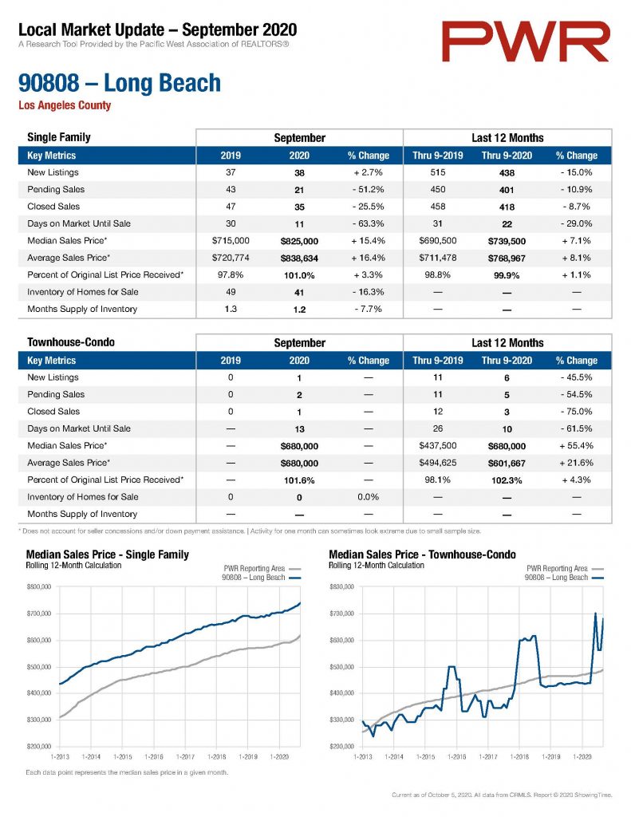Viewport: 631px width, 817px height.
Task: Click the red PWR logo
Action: click(x=526, y=41)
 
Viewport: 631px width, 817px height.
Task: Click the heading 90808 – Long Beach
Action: click(x=120, y=83)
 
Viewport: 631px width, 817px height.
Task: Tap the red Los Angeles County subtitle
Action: click(x=65, y=105)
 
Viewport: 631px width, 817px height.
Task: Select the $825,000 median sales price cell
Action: click(x=299, y=241)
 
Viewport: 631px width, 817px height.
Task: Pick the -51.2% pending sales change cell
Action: click(x=368, y=190)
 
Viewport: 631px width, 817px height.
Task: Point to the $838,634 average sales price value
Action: click(x=299, y=259)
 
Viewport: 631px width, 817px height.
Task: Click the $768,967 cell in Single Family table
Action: click(x=507, y=259)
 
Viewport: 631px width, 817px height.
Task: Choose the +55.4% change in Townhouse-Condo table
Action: click(x=576, y=446)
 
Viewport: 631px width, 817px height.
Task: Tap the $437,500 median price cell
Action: click(x=438, y=446)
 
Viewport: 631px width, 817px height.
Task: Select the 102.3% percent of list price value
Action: click(x=507, y=480)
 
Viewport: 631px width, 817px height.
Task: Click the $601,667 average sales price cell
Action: click(x=507, y=464)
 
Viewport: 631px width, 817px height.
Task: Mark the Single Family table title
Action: click(x=59, y=137)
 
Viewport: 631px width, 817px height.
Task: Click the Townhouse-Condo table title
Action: click(x=71, y=342)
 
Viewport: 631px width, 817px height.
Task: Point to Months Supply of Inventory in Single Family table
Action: click(x=82, y=309)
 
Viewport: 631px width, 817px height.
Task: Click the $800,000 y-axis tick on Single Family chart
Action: click(x=39, y=587)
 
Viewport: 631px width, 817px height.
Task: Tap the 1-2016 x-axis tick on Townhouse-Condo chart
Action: click(x=456, y=756)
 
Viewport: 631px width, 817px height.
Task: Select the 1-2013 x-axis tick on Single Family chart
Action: click(x=60, y=756)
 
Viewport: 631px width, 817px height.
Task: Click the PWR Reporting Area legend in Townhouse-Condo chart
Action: click(x=557, y=568)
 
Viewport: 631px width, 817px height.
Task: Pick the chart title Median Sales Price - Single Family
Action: click(x=108, y=555)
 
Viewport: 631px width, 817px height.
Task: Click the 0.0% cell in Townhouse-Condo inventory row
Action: click(x=368, y=497)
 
